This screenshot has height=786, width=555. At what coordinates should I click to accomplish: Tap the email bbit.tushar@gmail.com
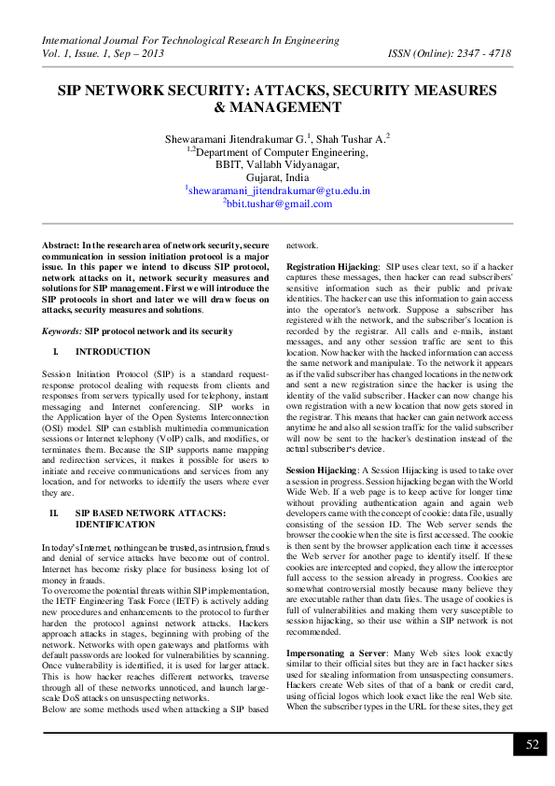coord(277,203)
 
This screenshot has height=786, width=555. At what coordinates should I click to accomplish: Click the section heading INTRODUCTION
coord(113,352)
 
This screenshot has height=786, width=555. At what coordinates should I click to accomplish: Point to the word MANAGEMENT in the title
coord(277,107)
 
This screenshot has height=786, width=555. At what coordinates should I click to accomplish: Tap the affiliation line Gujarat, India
coord(277,175)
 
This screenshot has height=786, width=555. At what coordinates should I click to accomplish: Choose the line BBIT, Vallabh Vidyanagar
coord(277,162)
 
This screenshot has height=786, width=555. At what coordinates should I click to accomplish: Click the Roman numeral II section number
coord(54,512)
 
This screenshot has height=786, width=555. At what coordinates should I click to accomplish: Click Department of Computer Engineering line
coord(277,149)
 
